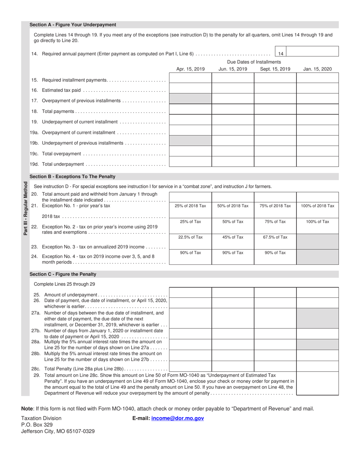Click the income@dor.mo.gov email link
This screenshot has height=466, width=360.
(x=177, y=418)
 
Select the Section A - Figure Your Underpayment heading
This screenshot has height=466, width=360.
(x=73, y=25)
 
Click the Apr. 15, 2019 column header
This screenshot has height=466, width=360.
(x=190, y=69)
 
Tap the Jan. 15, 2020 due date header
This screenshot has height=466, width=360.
(x=317, y=69)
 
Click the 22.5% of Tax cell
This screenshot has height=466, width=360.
(x=190, y=237)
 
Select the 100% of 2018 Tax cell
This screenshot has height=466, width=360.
(x=317, y=206)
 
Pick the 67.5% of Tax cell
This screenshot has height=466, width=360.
(x=275, y=237)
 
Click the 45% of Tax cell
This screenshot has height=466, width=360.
(x=233, y=237)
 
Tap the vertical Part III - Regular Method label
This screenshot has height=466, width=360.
(x=25, y=208)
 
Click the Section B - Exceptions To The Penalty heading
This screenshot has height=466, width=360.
(x=72, y=177)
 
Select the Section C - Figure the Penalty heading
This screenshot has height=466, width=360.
(x=63, y=274)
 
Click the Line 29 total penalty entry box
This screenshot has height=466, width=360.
(x=317, y=384)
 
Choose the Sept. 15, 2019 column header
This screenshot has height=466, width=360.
(x=275, y=69)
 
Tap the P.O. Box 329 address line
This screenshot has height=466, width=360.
(x=37, y=425)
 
